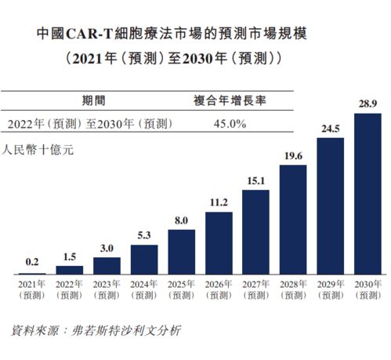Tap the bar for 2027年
coord(256,231)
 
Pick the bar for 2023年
coord(107,265)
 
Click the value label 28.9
coord(367,104)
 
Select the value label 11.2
coord(219,202)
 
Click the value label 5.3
coord(144,235)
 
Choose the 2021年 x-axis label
coord(33,289)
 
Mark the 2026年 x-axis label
coord(219,289)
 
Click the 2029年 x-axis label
coord(330,289)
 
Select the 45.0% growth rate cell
coord(230,124)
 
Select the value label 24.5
coord(330,128)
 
